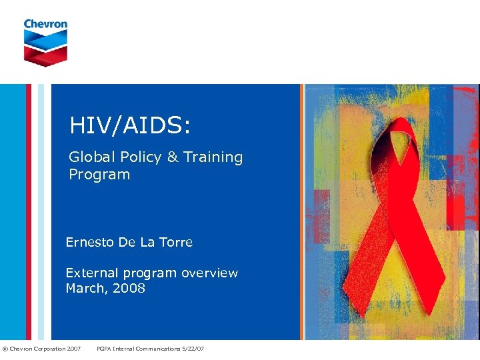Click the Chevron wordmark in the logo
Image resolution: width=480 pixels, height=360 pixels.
45,24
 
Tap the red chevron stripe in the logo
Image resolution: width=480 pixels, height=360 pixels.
45,55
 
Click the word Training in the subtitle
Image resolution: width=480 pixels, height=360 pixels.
213,157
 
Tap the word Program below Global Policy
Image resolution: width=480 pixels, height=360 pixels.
99,175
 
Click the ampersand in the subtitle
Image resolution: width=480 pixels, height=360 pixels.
173,157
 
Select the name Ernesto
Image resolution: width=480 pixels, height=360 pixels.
90,243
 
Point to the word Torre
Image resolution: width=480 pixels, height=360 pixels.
176,243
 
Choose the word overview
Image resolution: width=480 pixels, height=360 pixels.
209,273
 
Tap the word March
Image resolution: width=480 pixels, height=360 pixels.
84,289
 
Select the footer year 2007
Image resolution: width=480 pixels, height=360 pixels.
73,349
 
